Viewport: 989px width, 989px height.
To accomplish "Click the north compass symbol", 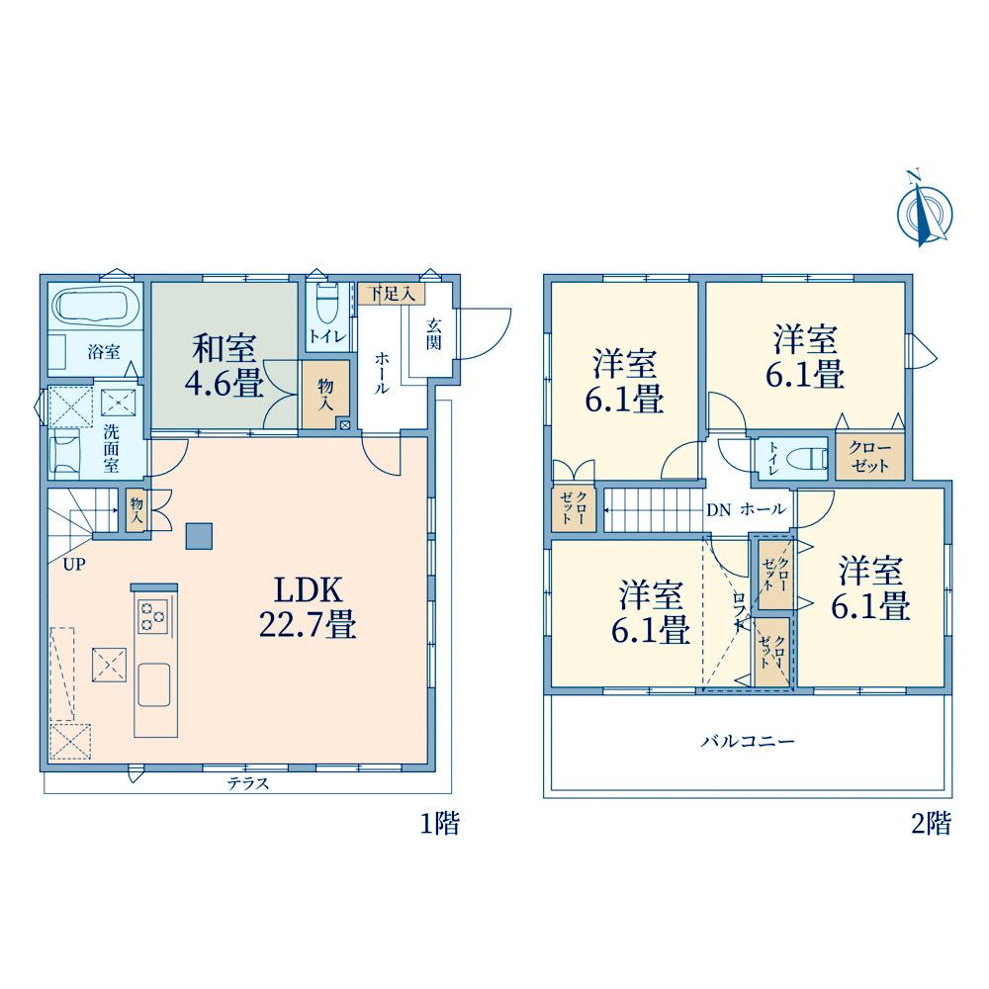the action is click(924, 212).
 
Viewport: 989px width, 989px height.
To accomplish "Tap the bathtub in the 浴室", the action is click(97, 308).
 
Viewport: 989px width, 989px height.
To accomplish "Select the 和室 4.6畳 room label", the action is click(224, 365).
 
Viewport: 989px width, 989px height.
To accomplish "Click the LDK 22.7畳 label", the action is click(308, 607).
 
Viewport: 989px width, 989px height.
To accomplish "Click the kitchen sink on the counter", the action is click(154, 685).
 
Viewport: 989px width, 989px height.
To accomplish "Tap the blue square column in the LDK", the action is click(199, 536).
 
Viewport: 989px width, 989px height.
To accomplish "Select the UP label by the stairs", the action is click(74, 565).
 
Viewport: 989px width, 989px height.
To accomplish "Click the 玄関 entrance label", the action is click(433, 334).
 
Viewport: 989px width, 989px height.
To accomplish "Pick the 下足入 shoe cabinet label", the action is click(392, 294).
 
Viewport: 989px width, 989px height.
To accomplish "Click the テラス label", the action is click(248, 783).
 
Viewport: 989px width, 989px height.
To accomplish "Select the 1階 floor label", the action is click(440, 823).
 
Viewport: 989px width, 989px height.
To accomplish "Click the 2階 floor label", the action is click(931, 823).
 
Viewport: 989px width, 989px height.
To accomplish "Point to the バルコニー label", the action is click(748, 741).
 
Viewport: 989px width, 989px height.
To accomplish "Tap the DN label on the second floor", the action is click(718, 510).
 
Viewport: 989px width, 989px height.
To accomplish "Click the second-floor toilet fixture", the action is click(805, 459).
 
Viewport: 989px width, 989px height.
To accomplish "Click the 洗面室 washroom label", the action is click(111, 448).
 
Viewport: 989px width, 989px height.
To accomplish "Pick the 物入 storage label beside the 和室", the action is click(325, 395).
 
